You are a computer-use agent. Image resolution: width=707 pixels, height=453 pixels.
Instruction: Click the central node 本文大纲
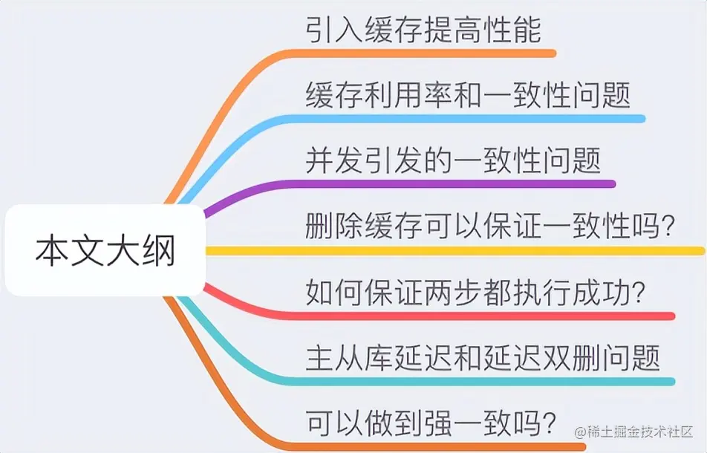[104, 251]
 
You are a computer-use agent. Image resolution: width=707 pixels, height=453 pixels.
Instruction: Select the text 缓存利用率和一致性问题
[468, 95]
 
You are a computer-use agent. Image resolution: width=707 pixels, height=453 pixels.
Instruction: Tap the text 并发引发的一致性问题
[453, 160]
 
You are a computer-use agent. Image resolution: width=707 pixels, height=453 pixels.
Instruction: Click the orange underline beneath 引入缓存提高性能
[446, 53]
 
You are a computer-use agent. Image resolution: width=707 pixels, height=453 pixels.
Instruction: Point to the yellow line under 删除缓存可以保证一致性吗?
[483, 251]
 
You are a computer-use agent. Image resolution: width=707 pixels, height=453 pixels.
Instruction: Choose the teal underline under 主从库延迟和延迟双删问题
[483, 381]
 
